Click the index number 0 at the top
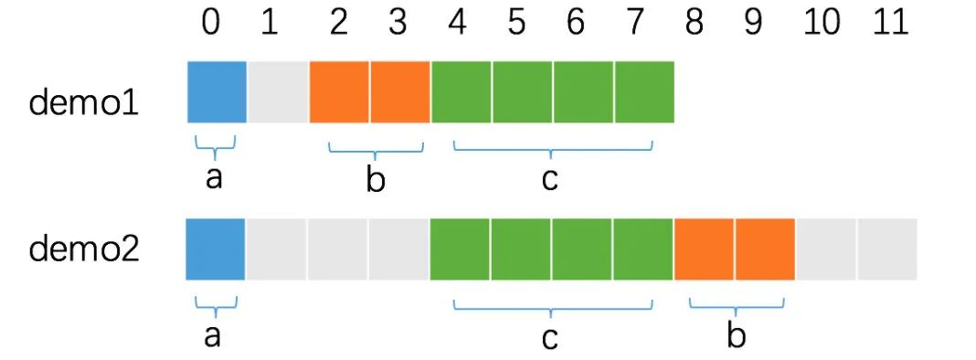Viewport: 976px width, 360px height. click(211, 24)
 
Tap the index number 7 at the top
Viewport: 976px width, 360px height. click(634, 24)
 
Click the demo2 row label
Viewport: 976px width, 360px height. click(84, 249)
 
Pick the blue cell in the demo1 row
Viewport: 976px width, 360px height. click(217, 91)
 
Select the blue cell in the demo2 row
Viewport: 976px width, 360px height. click(216, 249)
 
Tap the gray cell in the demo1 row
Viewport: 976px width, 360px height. click(278, 91)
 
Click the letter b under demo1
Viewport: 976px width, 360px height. click(375, 180)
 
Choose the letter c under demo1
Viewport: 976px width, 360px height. click(548, 180)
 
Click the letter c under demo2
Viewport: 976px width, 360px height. click(549, 338)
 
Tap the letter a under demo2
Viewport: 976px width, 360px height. click(213, 336)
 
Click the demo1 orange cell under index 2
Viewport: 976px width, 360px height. click(340, 91)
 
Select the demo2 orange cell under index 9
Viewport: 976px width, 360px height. click(765, 249)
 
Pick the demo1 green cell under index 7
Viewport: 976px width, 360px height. click(644, 91)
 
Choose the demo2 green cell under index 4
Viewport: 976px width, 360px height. click(460, 249)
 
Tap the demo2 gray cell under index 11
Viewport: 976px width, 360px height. click(887, 249)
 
